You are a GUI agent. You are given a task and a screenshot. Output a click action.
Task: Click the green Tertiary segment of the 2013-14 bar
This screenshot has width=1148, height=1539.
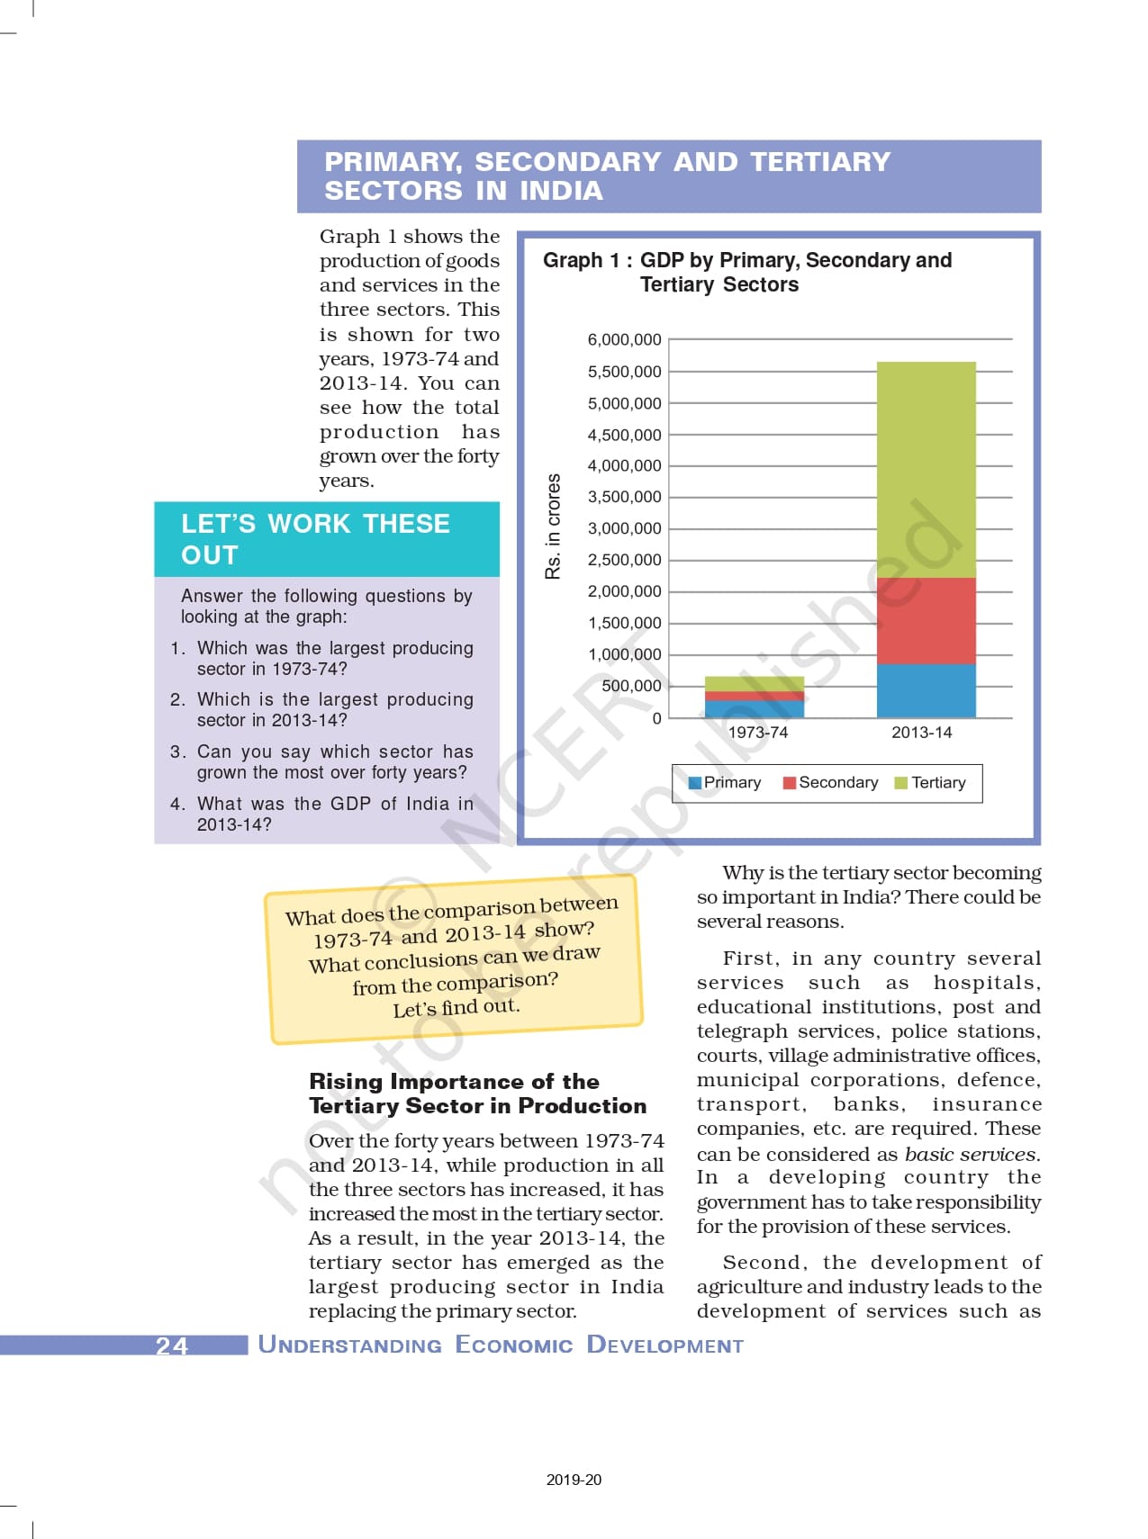coord(926,468)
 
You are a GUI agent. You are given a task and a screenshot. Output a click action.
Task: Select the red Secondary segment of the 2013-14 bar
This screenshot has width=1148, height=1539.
coord(926,621)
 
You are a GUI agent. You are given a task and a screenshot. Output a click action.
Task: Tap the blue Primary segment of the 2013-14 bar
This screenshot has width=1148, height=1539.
coord(926,690)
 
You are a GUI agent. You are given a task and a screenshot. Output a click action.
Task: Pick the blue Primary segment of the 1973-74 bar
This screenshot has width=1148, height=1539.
coord(754,708)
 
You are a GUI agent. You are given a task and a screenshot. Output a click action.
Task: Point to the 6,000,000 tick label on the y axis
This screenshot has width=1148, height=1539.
coord(624,340)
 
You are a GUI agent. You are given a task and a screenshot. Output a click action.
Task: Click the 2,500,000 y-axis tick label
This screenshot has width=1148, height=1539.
coord(624,560)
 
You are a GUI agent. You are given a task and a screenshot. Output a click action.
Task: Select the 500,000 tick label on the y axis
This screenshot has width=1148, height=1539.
coord(630,686)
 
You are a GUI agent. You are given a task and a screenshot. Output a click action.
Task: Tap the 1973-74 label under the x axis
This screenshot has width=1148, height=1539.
coord(757,733)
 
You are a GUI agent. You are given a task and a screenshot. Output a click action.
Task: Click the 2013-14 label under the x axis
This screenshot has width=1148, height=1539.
coord(921,733)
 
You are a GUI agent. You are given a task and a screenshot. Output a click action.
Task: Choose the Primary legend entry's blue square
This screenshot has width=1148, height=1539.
coord(694,783)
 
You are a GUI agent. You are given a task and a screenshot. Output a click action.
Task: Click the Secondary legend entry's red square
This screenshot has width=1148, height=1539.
coord(790,783)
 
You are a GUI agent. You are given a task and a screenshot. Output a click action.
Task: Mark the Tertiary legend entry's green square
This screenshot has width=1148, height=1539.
coord(900,783)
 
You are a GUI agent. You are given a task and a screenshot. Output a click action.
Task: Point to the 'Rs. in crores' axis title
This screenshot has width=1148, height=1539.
coord(553,526)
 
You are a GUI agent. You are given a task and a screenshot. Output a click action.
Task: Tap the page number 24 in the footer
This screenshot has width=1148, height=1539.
coord(172,1345)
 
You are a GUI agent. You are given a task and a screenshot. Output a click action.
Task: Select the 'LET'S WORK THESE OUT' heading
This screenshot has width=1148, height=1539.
coord(315,539)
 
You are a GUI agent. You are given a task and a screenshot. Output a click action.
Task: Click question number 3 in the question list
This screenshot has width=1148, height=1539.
coord(177,752)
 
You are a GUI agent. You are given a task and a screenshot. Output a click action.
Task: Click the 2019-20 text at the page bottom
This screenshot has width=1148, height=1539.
coord(574,1480)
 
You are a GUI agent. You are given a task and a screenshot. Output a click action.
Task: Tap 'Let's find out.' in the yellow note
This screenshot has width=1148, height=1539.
coord(456,1007)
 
